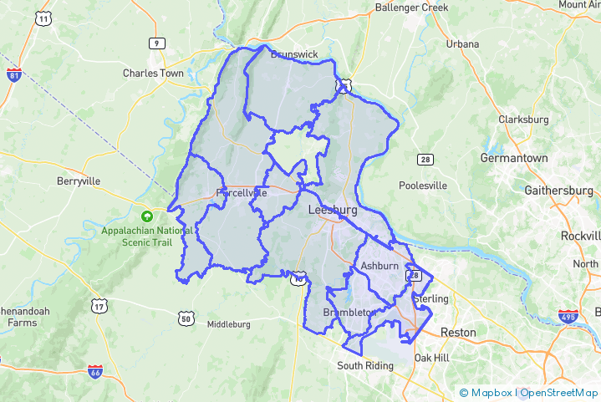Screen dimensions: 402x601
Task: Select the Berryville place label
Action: click(x=79, y=181)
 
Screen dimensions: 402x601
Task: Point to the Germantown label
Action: click(x=514, y=158)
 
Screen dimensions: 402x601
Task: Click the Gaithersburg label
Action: click(x=558, y=191)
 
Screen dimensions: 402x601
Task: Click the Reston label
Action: click(x=458, y=333)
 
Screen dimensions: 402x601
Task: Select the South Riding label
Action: click(x=364, y=366)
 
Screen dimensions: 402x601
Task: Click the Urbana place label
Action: click(x=462, y=43)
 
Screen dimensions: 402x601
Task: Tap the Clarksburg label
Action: click(x=523, y=120)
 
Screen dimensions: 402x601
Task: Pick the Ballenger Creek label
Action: click(x=411, y=8)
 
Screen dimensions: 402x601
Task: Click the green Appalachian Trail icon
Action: click(x=147, y=215)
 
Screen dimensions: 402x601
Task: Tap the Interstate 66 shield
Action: click(x=95, y=369)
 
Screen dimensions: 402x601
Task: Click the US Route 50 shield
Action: click(x=186, y=318)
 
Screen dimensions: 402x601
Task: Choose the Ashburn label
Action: click(x=379, y=266)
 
